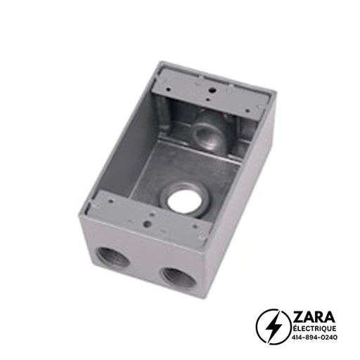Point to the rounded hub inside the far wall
click(x=208, y=131)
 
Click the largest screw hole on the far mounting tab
click(x=212, y=90)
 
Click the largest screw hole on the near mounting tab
click(x=146, y=224)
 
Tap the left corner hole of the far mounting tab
click(x=169, y=89)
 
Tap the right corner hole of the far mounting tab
click(x=247, y=110)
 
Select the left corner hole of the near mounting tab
click(x=111, y=201)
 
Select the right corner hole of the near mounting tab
click(x=195, y=226)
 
